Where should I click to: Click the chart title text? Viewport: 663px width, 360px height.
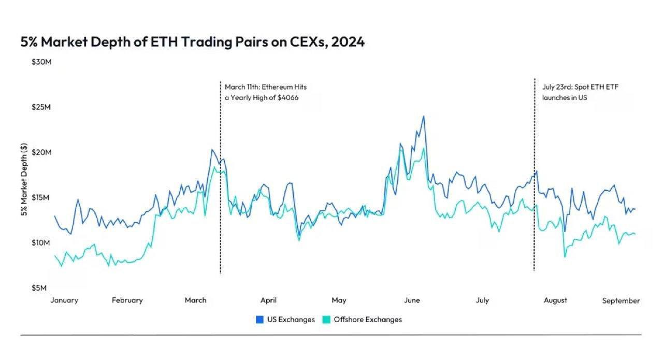click(192, 42)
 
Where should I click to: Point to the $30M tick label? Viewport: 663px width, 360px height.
click(41, 62)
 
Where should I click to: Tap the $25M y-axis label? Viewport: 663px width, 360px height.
click(41, 107)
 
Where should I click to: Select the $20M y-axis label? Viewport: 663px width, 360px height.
click(41, 152)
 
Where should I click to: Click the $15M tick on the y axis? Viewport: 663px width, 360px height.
click(40, 197)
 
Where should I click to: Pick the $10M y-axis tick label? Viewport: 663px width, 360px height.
click(41, 243)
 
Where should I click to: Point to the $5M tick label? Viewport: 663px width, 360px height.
click(39, 288)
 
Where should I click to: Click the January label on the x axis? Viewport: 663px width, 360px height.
click(64, 300)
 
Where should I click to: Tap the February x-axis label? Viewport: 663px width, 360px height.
click(127, 300)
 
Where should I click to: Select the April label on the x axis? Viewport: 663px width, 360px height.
click(268, 300)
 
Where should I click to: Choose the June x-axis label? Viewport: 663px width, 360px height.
click(412, 300)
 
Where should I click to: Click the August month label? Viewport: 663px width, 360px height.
click(555, 300)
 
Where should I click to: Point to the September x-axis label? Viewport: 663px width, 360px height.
click(621, 301)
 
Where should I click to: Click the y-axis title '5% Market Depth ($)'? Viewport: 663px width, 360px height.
click(24, 179)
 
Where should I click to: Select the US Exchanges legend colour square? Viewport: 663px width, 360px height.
click(260, 320)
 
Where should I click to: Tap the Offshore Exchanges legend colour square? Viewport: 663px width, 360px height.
click(326, 320)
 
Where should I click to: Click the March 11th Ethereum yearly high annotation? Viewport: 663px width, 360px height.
click(266, 92)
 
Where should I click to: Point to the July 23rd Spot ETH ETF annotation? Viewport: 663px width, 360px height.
click(580, 92)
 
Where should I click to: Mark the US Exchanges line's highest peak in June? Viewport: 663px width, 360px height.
click(424, 116)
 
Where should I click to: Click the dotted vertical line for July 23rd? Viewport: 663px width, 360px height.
click(535, 175)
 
